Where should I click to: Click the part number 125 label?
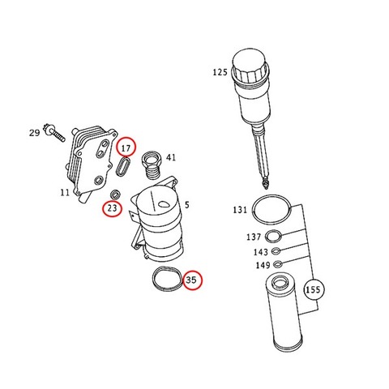220,72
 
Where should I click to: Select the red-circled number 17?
126,147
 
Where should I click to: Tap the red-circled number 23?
112,208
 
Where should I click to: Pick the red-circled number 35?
193,280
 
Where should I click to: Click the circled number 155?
313,290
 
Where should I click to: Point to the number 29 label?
34,133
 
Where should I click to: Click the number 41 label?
171,157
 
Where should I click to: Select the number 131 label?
240,210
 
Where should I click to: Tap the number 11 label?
65,193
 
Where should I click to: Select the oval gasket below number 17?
123,166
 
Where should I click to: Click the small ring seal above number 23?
115,194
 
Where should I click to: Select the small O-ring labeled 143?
276,251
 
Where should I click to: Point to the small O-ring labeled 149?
278,263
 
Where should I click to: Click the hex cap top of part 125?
250,63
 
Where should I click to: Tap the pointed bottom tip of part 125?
266,186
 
